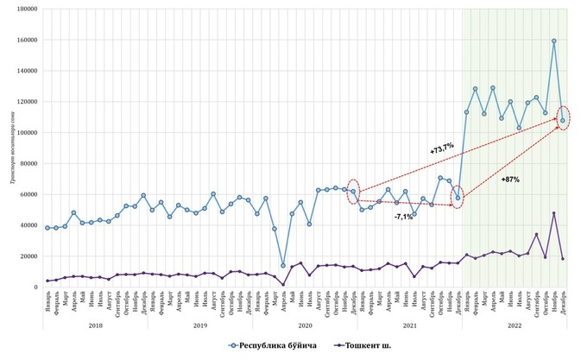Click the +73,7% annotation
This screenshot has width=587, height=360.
[442, 148]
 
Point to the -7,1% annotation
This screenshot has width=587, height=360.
[404, 217]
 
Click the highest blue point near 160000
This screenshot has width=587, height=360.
[554, 41]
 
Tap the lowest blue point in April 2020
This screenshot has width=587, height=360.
[283, 265]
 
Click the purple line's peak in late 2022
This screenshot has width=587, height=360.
[554, 213]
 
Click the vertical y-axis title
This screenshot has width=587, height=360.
[10, 147]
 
